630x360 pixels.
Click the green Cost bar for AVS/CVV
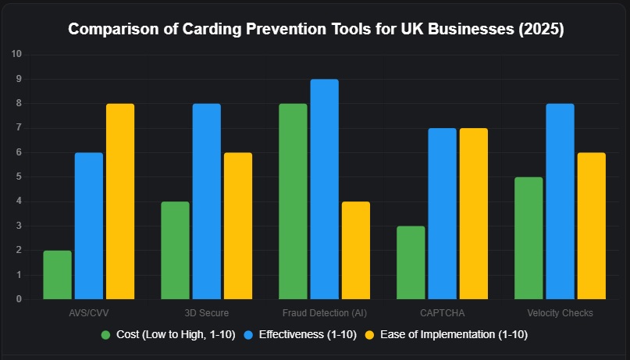tap(57, 275)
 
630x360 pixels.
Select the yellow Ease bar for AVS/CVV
tap(120, 201)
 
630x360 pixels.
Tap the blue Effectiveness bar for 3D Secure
tap(207, 201)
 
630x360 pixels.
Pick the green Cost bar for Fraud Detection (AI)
tap(293, 201)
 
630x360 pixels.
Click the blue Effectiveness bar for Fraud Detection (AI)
tap(325, 189)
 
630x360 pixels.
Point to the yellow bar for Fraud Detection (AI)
tap(356, 250)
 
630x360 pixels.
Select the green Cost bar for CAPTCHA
tap(411, 262)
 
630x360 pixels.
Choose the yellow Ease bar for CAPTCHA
tap(474, 214)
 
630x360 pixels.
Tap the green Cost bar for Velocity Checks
tap(529, 238)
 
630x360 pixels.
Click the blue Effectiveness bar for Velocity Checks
tap(561, 201)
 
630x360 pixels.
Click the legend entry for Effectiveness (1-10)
tap(301, 334)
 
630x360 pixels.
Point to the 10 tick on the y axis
tap(17, 54)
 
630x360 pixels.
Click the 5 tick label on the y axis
tap(19, 176)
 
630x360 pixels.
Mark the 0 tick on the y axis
tap(19, 299)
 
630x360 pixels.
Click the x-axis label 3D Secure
tap(207, 313)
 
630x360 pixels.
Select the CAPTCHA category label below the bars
tap(442, 313)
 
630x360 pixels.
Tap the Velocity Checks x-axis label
tap(560, 313)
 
